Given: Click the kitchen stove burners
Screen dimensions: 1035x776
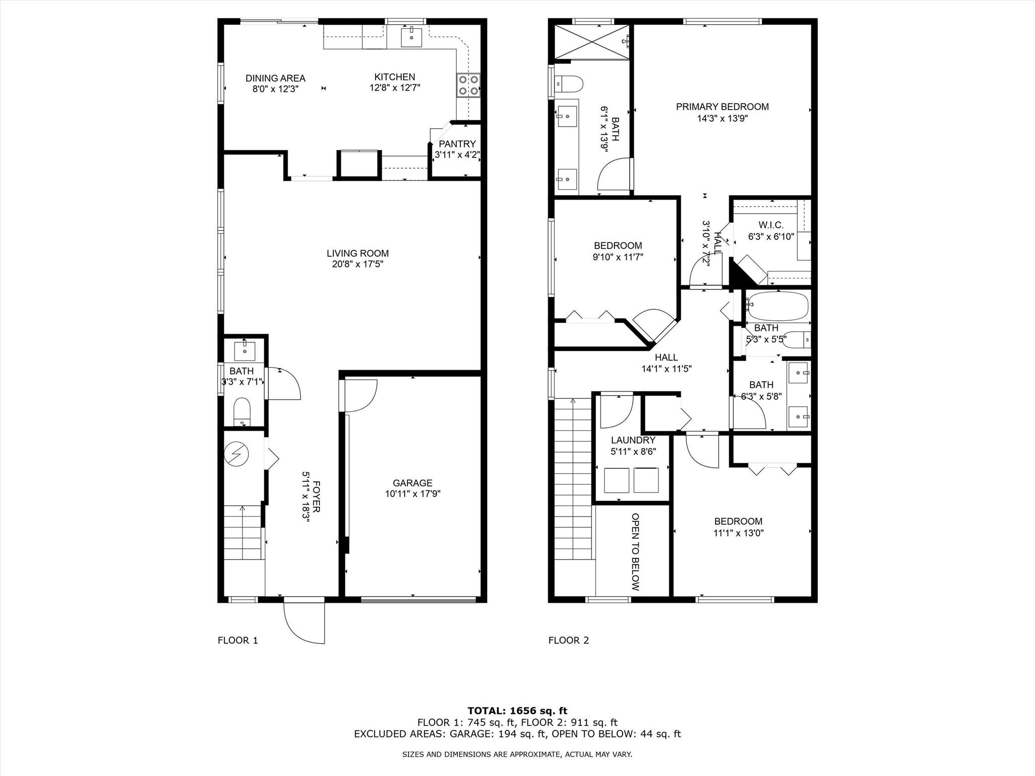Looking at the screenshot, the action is tap(468, 85).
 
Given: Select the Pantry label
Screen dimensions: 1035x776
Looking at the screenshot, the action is tap(457, 144).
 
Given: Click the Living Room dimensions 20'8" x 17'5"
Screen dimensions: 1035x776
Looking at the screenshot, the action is tap(358, 264).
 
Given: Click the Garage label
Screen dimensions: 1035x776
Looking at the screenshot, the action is tap(413, 483).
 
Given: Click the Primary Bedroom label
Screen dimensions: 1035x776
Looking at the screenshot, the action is tap(723, 107).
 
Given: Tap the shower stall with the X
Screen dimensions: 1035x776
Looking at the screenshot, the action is tap(592, 41).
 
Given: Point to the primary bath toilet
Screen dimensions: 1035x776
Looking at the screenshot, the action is tap(569, 84).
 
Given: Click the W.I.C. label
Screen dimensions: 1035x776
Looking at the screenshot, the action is tap(771, 225).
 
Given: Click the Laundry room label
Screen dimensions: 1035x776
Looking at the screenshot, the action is tap(633, 440).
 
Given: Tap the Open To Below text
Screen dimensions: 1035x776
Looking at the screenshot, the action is tap(636, 552).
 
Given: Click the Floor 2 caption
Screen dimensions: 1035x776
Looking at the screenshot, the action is tap(569, 641).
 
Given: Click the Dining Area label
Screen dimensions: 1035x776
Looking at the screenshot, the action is tap(275, 78).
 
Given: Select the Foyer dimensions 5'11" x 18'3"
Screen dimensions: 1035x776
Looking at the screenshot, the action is tap(306, 498).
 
